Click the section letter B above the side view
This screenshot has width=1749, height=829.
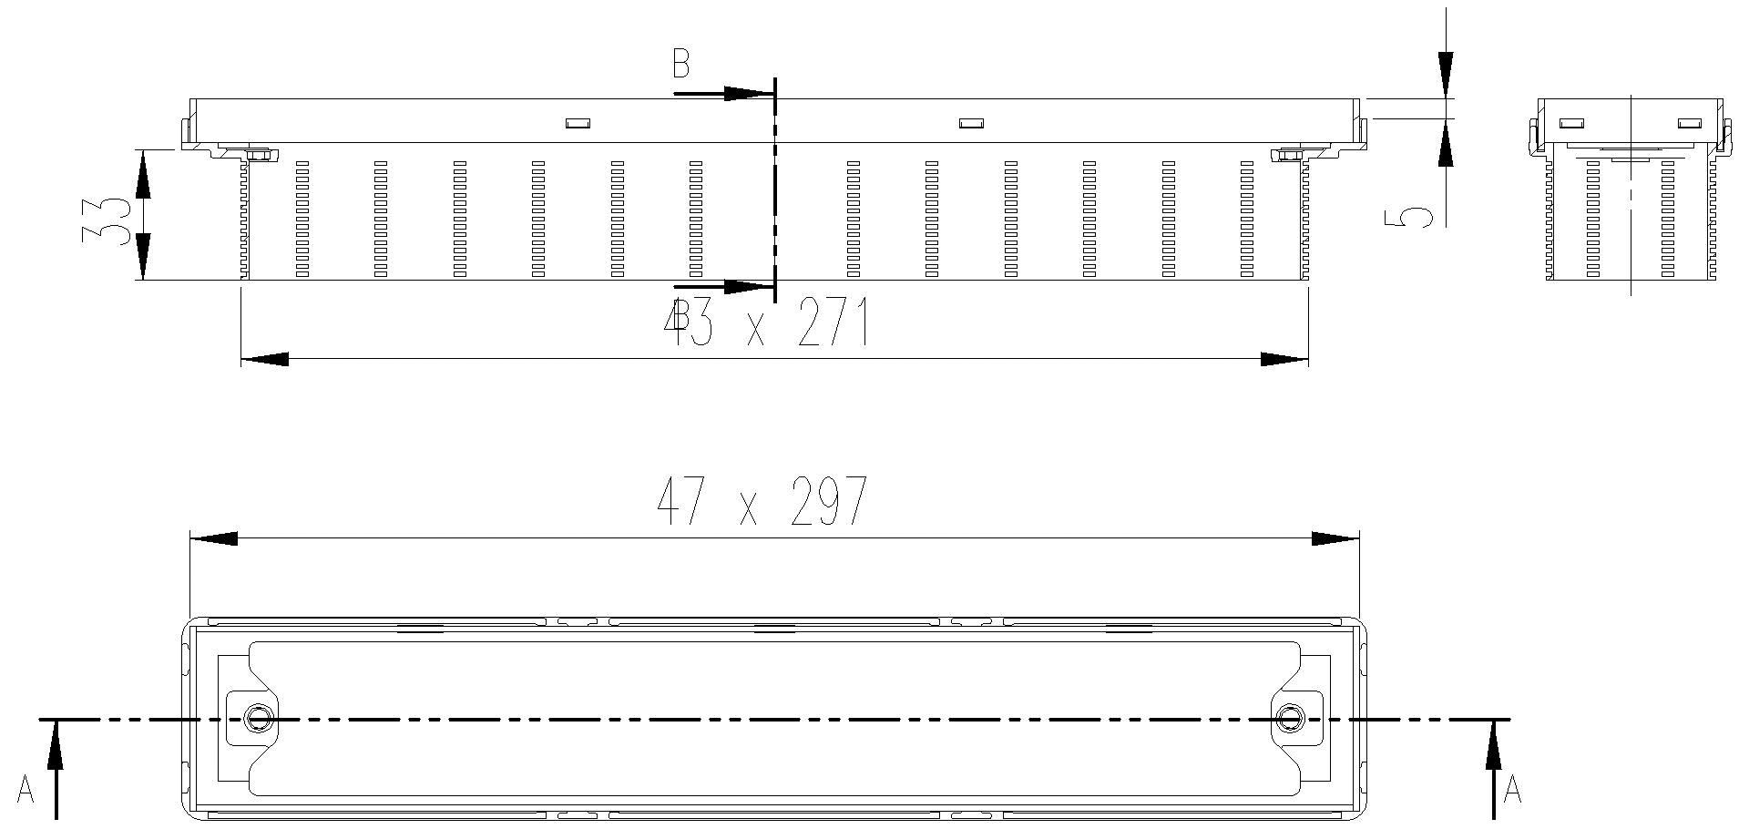[x=680, y=65]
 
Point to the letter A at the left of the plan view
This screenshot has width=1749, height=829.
[x=26, y=790]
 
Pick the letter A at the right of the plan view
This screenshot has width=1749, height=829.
[x=1512, y=790]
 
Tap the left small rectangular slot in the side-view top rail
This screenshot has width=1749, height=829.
[x=578, y=122]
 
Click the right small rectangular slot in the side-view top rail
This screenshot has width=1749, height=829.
[x=971, y=122]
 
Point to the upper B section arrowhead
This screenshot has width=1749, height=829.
[x=749, y=93]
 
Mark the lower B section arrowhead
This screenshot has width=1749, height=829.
[x=749, y=288]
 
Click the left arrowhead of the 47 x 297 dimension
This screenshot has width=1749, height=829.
[x=213, y=538]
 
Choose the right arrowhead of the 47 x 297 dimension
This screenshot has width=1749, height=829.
[x=1335, y=538]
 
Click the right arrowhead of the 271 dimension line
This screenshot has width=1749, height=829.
[x=1284, y=359]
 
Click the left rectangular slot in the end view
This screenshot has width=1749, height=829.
[x=1572, y=122]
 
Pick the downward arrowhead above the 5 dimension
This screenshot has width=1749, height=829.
[x=1445, y=73]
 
